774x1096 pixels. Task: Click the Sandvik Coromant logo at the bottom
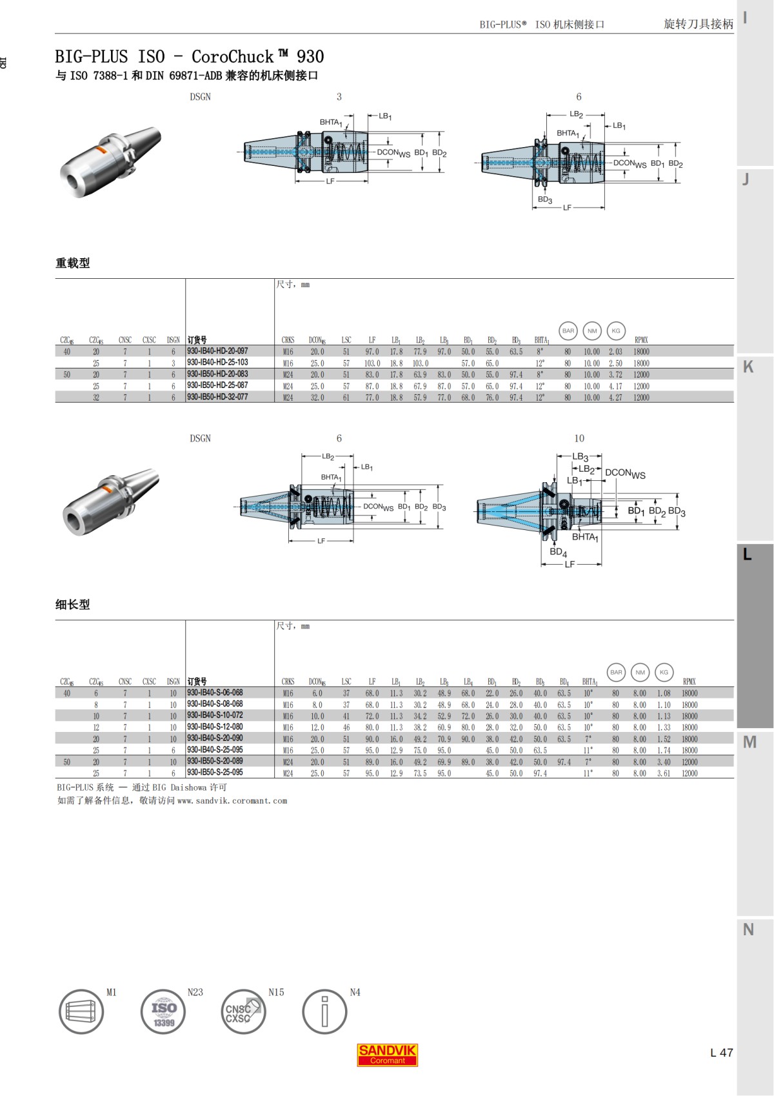coord(387,1055)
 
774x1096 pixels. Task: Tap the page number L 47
coord(721,1052)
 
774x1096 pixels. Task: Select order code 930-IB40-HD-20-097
coord(217,351)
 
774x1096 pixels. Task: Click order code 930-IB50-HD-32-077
coord(217,397)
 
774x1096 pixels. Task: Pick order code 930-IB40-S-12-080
coord(215,727)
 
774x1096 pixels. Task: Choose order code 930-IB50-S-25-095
coord(215,773)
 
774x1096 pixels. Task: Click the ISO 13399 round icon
coord(163,1012)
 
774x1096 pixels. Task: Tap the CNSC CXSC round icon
coord(243,1012)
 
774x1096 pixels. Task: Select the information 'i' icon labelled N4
coord(324,1012)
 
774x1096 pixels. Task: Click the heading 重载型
coord(72,263)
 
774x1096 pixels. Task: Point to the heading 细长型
coord(72,604)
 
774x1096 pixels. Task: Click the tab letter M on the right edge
coord(749,742)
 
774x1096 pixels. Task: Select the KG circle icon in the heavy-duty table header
coord(615,330)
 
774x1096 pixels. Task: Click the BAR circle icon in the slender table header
coord(616,672)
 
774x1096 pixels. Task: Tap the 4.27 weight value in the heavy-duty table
coord(615,398)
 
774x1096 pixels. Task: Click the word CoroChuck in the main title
coord(232,57)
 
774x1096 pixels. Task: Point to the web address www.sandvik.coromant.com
coord(232,801)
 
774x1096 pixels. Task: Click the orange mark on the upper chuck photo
coord(101,150)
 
